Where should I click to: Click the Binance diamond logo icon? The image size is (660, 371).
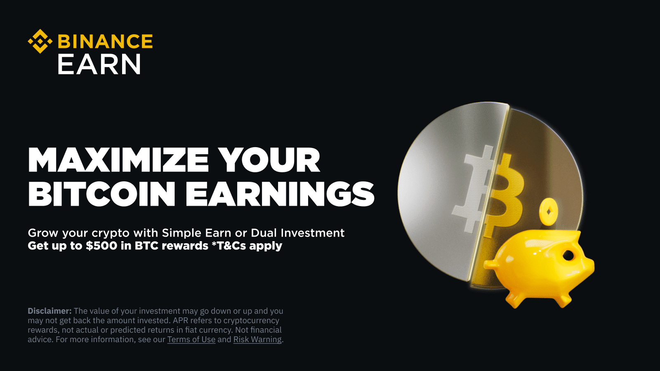40,41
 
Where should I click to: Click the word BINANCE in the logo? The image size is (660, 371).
105,42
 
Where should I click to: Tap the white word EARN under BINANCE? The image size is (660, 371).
99,65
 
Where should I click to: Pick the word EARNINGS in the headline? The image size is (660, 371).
280,194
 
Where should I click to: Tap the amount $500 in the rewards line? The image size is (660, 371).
101,246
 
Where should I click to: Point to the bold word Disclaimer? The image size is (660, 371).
49,311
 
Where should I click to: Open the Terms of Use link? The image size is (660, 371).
191,340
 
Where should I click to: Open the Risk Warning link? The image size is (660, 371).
257,340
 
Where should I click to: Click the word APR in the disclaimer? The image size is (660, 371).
180,320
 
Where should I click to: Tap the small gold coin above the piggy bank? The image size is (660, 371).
549,212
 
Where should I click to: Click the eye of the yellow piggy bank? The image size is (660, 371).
568,255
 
